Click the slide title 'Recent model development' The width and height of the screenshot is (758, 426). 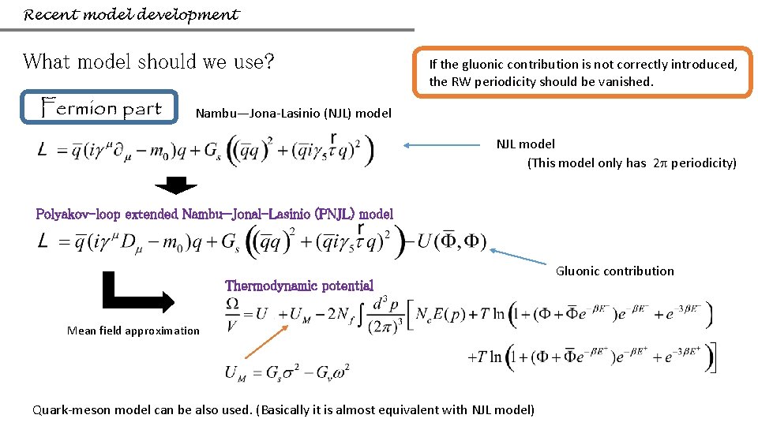[131, 15]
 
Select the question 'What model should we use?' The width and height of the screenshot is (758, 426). [148, 61]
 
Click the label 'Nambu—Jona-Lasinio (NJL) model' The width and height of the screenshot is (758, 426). [293, 113]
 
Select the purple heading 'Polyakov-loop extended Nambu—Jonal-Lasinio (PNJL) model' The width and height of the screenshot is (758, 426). [215, 214]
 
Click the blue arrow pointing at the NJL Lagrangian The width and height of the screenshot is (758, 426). [442, 145]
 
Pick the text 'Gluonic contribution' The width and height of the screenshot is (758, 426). [615, 271]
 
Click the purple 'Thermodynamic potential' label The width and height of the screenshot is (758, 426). [299, 286]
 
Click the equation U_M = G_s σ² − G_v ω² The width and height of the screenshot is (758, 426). [287, 371]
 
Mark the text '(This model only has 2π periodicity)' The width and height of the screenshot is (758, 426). [632, 163]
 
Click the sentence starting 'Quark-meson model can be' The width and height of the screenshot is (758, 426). [283, 409]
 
